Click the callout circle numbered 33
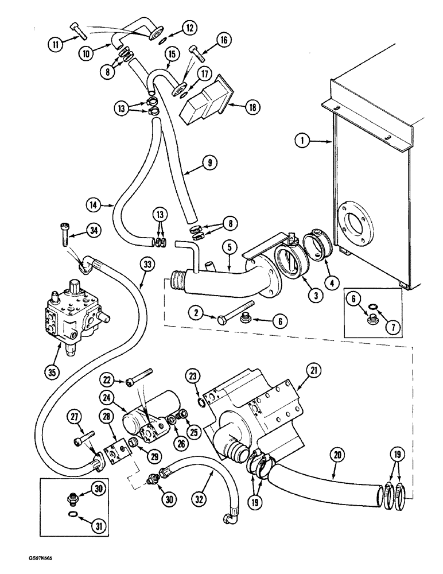(147, 265)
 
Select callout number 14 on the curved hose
(95, 204)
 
